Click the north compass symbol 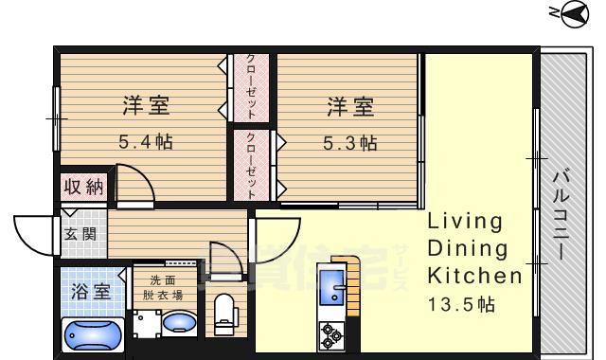(x=573, y=13)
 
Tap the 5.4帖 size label (x=145, y=143)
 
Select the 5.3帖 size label (x=350, y=143)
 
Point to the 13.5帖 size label (x=460, y=304)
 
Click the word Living (x=464, y=222)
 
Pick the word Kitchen (x=474, y=277)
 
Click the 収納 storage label (x=83, y=187)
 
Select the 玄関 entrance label (x=80, y=233)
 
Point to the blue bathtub (x=92, y=334)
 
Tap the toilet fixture (x=224, y=314)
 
